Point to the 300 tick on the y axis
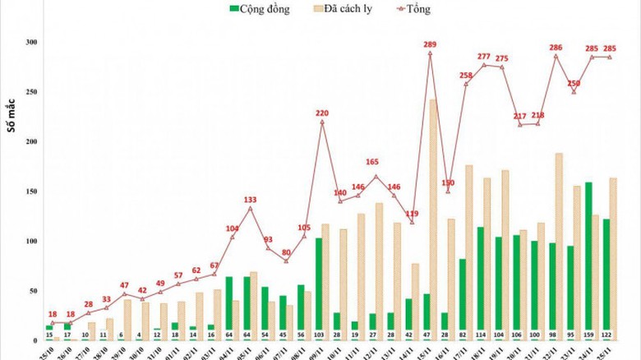(31, 42)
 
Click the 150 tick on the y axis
(31, 192)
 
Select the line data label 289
(429, 44)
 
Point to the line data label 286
(556, 47)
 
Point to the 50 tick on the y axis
(33, 291)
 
